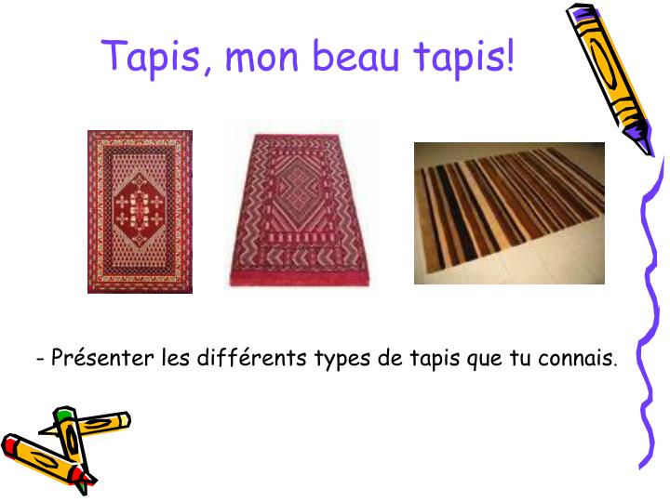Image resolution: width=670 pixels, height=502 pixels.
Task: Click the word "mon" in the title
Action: pos(261,57)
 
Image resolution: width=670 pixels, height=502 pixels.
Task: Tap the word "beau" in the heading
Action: pos(355,55)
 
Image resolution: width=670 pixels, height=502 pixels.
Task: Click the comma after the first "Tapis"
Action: pos(208,67)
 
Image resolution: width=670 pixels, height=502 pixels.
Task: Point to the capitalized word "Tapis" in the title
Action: pos(151,58)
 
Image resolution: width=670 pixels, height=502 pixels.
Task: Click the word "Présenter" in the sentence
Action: pos(102,357)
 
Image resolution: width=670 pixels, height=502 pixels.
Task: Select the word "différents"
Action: pos(251,357)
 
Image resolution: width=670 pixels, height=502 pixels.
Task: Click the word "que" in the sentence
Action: pos(484,360)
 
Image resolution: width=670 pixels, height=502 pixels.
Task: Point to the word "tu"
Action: pos(520,359)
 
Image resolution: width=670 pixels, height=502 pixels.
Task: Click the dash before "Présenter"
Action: pos(41,360)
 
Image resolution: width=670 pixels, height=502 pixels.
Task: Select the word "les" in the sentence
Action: pos(175,357)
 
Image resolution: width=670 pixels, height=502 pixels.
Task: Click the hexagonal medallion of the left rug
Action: pos(140,210)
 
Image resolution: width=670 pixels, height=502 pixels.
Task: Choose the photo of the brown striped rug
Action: pos(509,213)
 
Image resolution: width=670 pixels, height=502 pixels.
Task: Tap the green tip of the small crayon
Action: pos(63,413)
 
